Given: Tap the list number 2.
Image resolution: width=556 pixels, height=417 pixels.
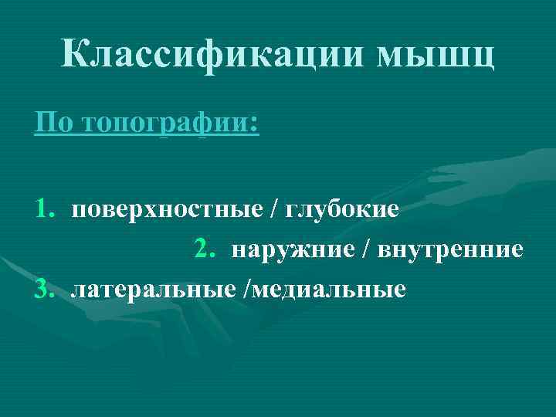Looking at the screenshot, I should [x=204, y=249].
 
